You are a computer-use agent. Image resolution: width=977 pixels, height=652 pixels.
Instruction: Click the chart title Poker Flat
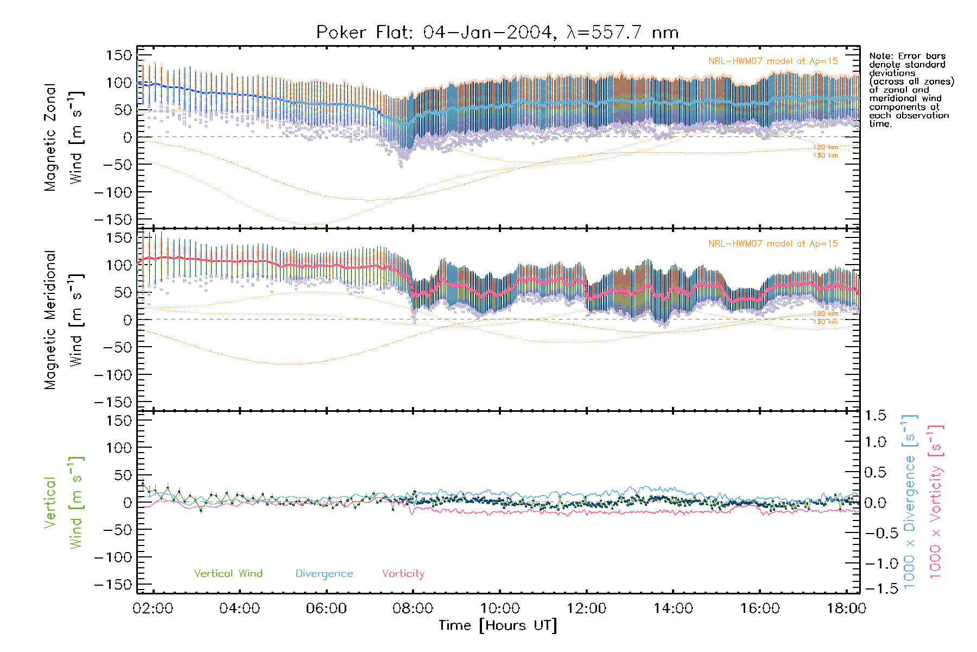(x=497, y=33)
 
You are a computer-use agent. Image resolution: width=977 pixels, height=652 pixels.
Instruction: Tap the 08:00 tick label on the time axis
(x=413, y=609)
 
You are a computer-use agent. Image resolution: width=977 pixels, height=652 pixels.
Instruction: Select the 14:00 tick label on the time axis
(x=673, y=609)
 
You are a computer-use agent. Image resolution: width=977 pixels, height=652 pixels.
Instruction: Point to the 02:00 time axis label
(x=153, y=609)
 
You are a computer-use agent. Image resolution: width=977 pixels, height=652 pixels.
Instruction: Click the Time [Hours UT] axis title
(x=498, y=625)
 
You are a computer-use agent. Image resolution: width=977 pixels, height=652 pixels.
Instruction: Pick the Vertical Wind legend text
(x=228, y=574)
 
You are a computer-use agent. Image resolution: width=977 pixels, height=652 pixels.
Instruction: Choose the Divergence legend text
(x=324, y=574)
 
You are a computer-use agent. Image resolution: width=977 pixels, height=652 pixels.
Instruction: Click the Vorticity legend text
(x=403, y=574)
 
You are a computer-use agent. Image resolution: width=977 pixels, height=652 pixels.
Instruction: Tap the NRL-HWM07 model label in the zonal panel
(x=773, y=61)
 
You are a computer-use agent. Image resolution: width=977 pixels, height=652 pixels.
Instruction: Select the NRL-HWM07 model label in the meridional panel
(x=773, y=244)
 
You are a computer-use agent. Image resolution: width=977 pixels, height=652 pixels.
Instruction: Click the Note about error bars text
(x=911, y=90)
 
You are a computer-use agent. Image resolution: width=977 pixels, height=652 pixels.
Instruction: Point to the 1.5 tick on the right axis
(x=875, y=416)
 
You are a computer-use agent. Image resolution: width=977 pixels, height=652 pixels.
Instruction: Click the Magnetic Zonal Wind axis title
(x=64, y=137)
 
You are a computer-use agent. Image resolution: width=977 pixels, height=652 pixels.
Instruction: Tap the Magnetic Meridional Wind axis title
(x=64, y=319)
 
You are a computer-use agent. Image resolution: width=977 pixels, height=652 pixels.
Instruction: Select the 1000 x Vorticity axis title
(x=936, y=501)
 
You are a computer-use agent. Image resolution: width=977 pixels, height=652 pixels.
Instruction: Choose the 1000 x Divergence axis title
(x=910, y=501)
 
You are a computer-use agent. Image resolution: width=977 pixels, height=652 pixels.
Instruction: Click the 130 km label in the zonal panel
(x=825, y=155)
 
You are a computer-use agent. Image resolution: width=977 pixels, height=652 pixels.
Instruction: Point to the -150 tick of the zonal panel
(x=113, y=220)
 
